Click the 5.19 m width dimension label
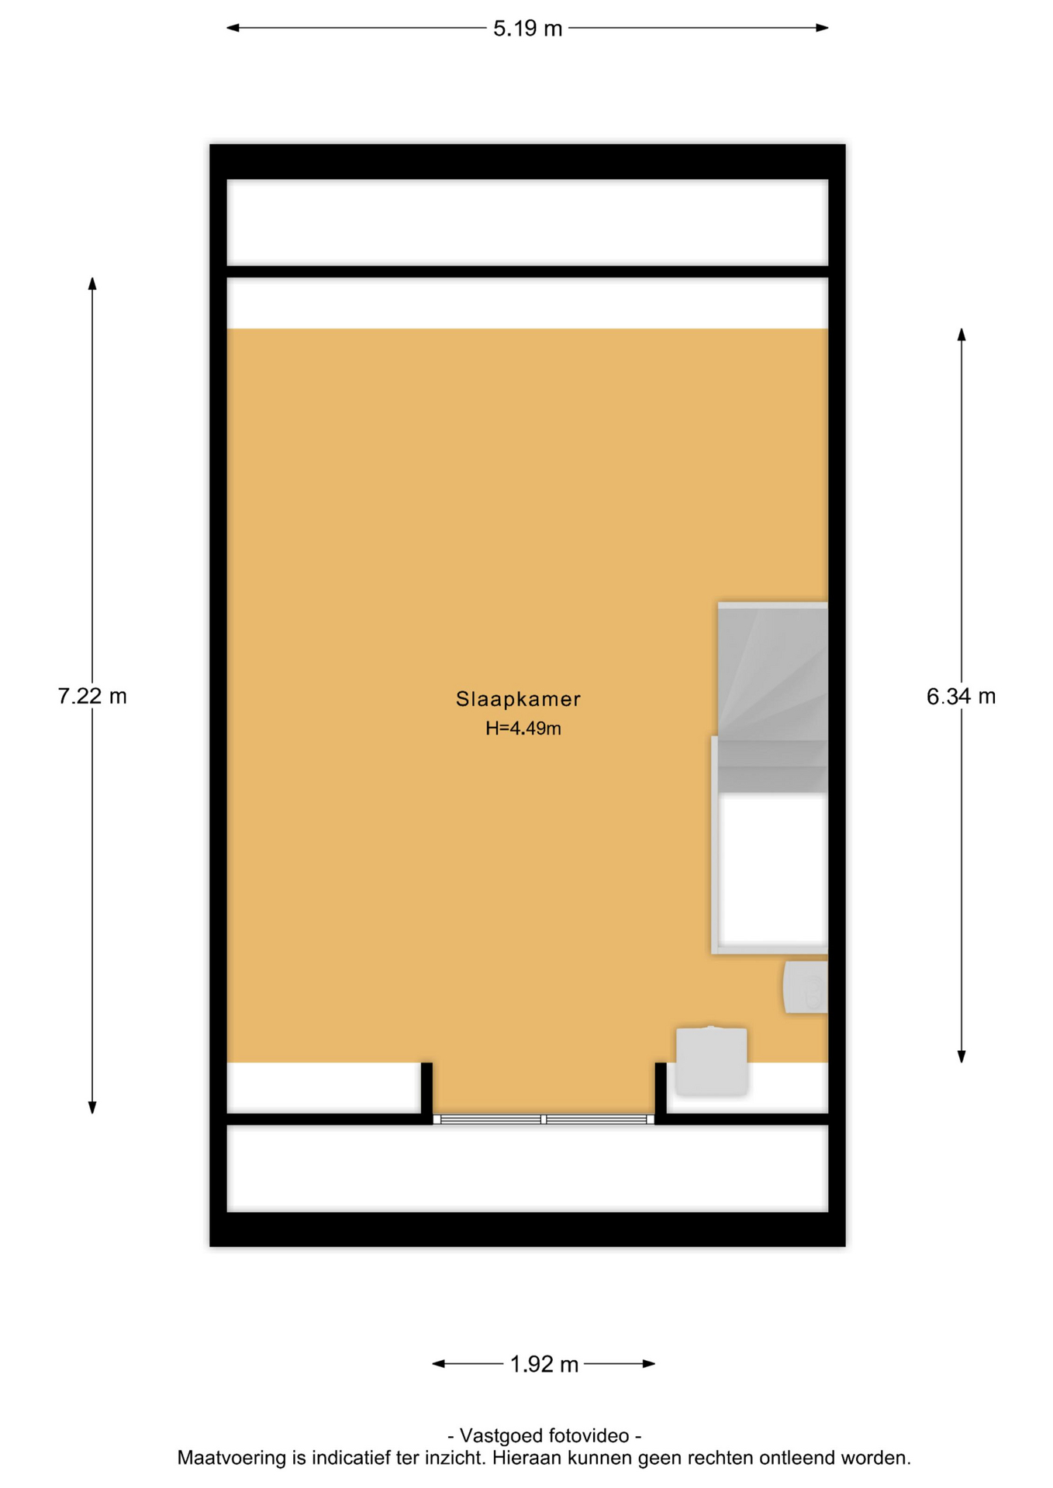point(527,29)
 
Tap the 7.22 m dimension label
point(92,696)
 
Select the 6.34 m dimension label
point(961,696)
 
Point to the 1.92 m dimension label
point(544,1364)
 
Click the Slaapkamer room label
point(518,699)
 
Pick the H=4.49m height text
point(523,728)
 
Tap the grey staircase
point(772,697)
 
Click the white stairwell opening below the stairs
point(773,871)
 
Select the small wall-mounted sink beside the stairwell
point(806,987)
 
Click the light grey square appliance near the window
point(711,1061)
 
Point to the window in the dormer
point(544,1119)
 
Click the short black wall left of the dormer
point(426,1093)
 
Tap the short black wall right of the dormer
point(661,1093)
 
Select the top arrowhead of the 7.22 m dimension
point(92,284)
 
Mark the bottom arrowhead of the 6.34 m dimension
point(962,1056)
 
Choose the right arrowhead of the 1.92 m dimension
point(649,1363)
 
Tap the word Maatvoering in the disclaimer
point(221,1459)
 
